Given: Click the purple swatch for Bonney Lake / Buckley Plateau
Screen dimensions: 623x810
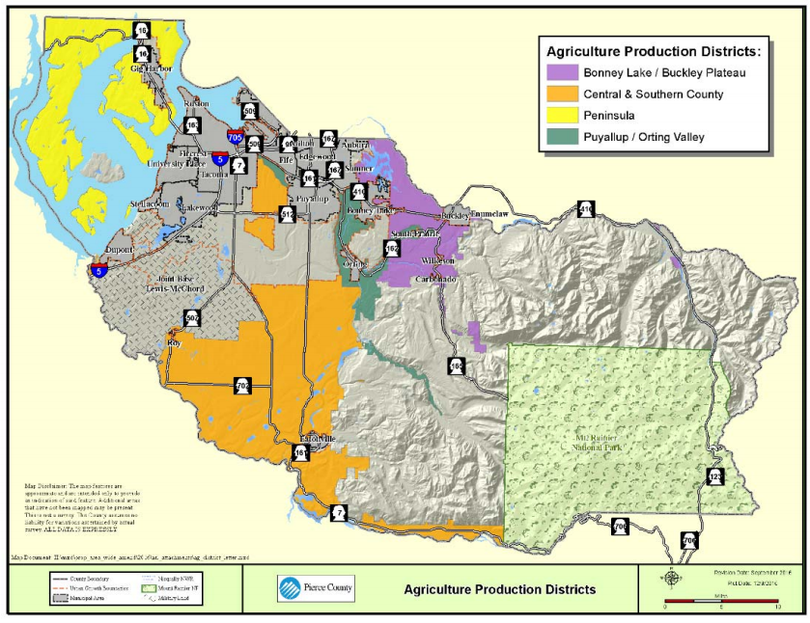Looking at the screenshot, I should click(x=561, y=72).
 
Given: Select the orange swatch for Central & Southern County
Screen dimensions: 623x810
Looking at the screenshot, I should click(x=561, y=94).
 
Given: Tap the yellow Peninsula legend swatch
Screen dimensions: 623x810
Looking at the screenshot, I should click(x=561, y=115).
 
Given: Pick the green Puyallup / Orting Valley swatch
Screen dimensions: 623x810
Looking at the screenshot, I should click(x=561, y=137).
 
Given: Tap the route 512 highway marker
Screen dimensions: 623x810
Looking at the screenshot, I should click(x=287, y=214).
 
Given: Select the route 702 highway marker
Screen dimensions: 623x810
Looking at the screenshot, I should click(x=242, y=385).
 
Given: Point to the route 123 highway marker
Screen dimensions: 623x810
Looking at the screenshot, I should click(x=714, y=476).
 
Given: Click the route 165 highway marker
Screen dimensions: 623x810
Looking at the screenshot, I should click(x=456, y=366).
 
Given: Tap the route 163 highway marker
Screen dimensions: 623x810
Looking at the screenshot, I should click(x=193, y=124).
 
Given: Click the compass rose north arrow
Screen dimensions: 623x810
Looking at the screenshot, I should click(x=670, y=578).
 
